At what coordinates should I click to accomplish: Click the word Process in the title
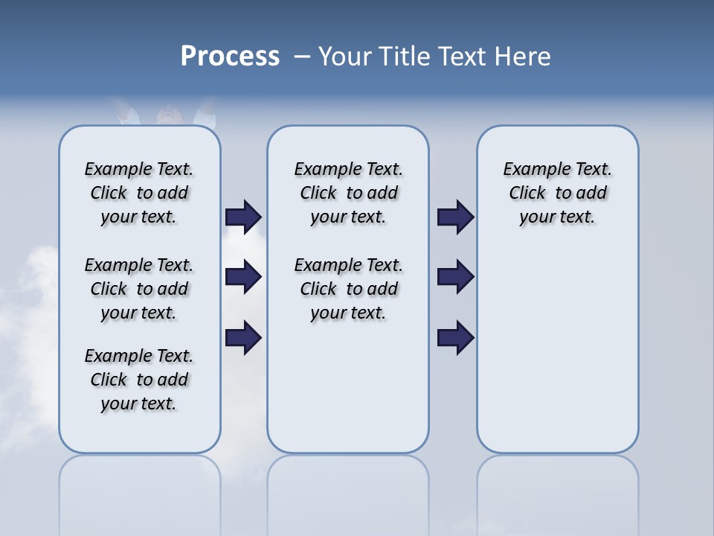point(230,57)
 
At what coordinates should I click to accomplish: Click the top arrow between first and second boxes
point(243,217)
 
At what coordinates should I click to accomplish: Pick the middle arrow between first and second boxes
point(243,278)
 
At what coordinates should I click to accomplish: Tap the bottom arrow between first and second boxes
point(243,337)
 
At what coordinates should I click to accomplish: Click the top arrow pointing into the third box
point(456,217)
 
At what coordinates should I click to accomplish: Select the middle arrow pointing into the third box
point(456,278)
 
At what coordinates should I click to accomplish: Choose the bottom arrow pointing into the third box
point(456,337)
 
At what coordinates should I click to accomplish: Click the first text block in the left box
point(139,193)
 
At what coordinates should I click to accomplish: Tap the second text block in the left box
point(139,289)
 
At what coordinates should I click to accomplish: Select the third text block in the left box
point(139,380)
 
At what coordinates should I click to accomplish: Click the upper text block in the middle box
point(348,193)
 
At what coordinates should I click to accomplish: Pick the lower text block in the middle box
point(348,289)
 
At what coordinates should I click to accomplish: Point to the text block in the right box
point(557,193)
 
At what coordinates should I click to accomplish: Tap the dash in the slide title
point(302,57)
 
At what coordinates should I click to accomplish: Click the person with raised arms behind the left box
point(165,112)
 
